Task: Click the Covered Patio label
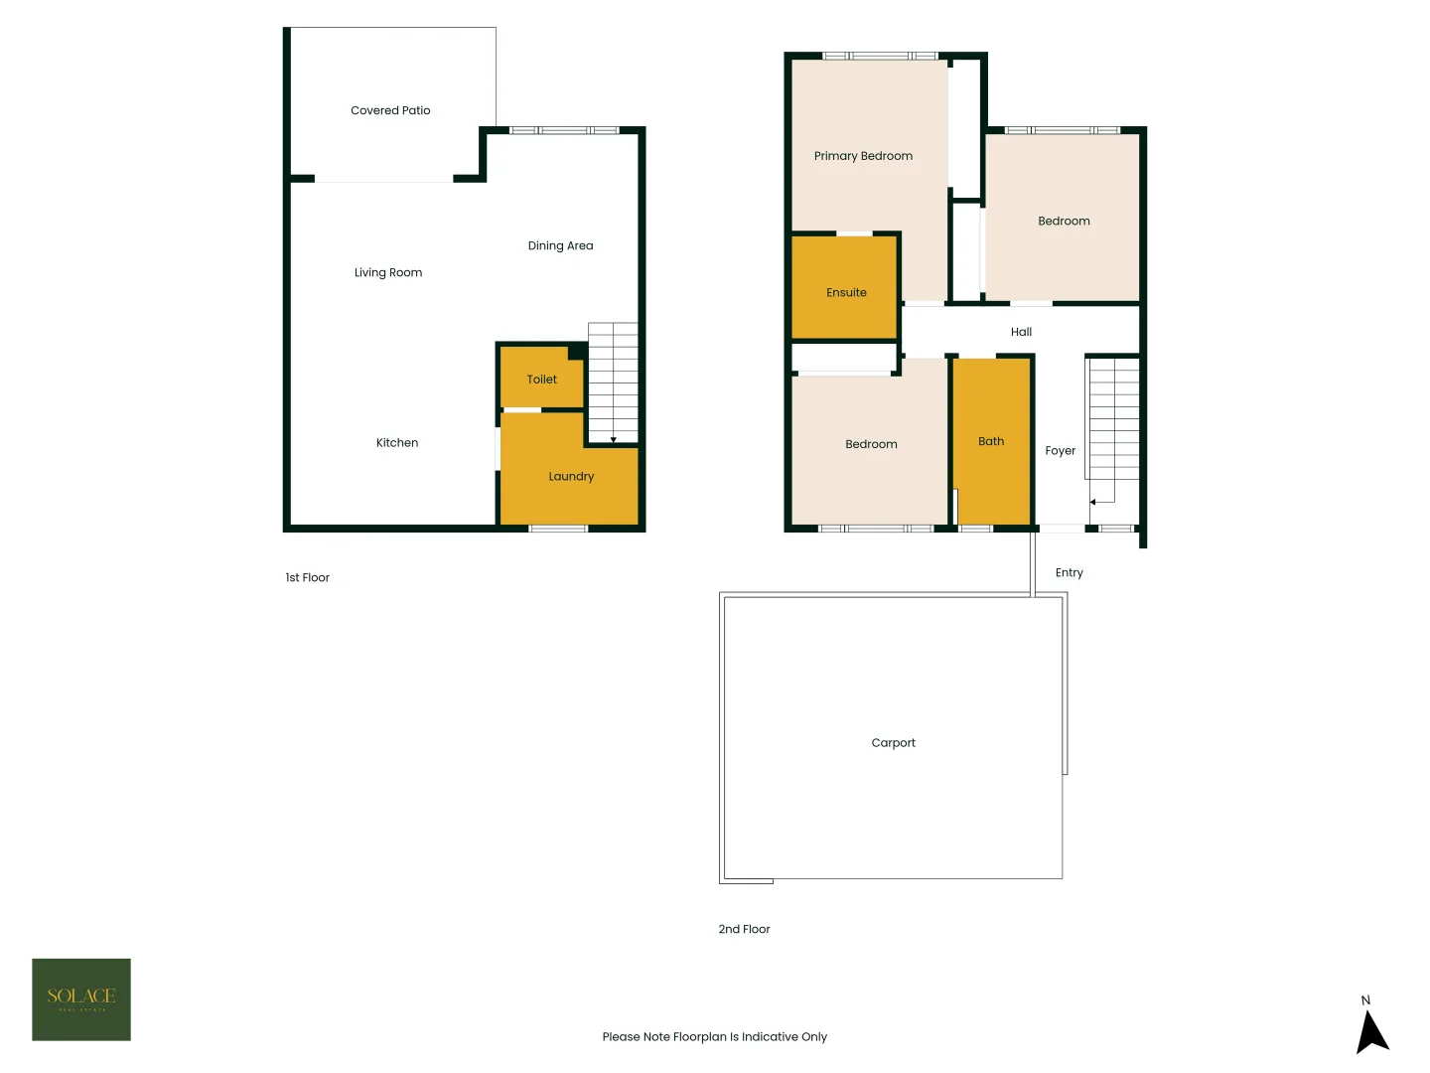390,110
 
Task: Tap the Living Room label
388,272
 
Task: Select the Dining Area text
560,245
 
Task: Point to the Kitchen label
397,443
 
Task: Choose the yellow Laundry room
569,482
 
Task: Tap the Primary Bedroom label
863,156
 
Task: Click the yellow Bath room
991,441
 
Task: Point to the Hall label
1021,332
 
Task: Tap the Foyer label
1061,451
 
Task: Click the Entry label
1070,572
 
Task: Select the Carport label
894,743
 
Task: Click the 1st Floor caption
308,577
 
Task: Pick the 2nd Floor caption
745,929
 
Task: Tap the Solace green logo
81,999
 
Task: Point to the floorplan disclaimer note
715,1036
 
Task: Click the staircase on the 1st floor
613,383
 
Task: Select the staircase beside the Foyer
1113,422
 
